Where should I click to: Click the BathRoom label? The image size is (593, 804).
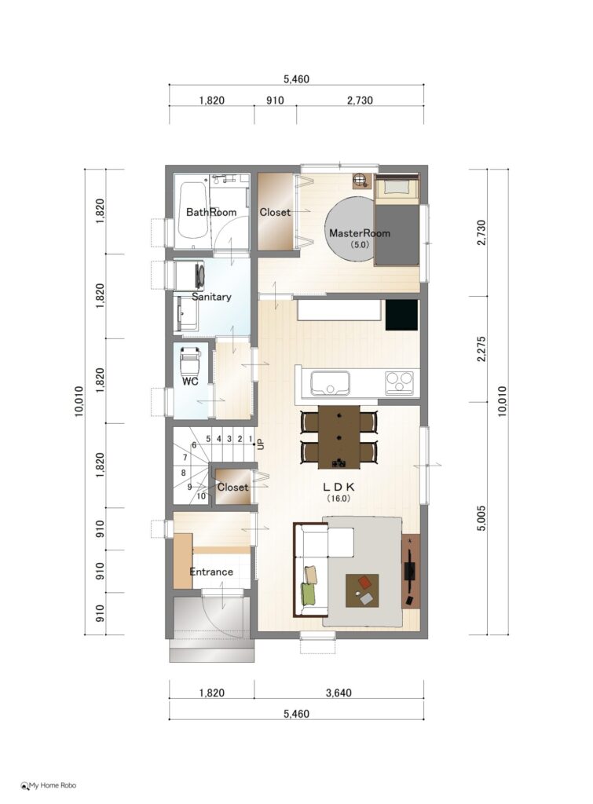(x=210, y=212)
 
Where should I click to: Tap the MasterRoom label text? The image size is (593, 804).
(x=360, y=232)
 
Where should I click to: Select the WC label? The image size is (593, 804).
(x=190, y=382)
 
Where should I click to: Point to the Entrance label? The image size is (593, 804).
(x=211, y=572)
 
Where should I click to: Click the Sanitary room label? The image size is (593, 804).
(x=211, y=296)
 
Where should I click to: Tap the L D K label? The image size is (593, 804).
(x=339, y=487)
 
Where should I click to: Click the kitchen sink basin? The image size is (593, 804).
(x=330, y=383)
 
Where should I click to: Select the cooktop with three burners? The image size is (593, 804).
(x=399, y=382)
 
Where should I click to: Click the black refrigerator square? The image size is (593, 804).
(x=401, y=315)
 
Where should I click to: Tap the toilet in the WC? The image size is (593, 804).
(x=190, y=360)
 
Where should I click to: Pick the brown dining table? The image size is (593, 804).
(x=339, y=437)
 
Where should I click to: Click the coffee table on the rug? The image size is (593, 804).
(x=362, y=590)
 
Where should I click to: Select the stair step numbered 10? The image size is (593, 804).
(x=201, y=496)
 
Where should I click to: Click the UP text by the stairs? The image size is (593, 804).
(x=261, y=444)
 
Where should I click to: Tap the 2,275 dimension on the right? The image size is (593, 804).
(x=481, y=349)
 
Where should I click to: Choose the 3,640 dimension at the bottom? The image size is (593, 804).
(x=339, y=693)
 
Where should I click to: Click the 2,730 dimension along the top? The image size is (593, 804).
(x=360, y=100)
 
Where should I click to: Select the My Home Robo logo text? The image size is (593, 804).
(x=49, y=785)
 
